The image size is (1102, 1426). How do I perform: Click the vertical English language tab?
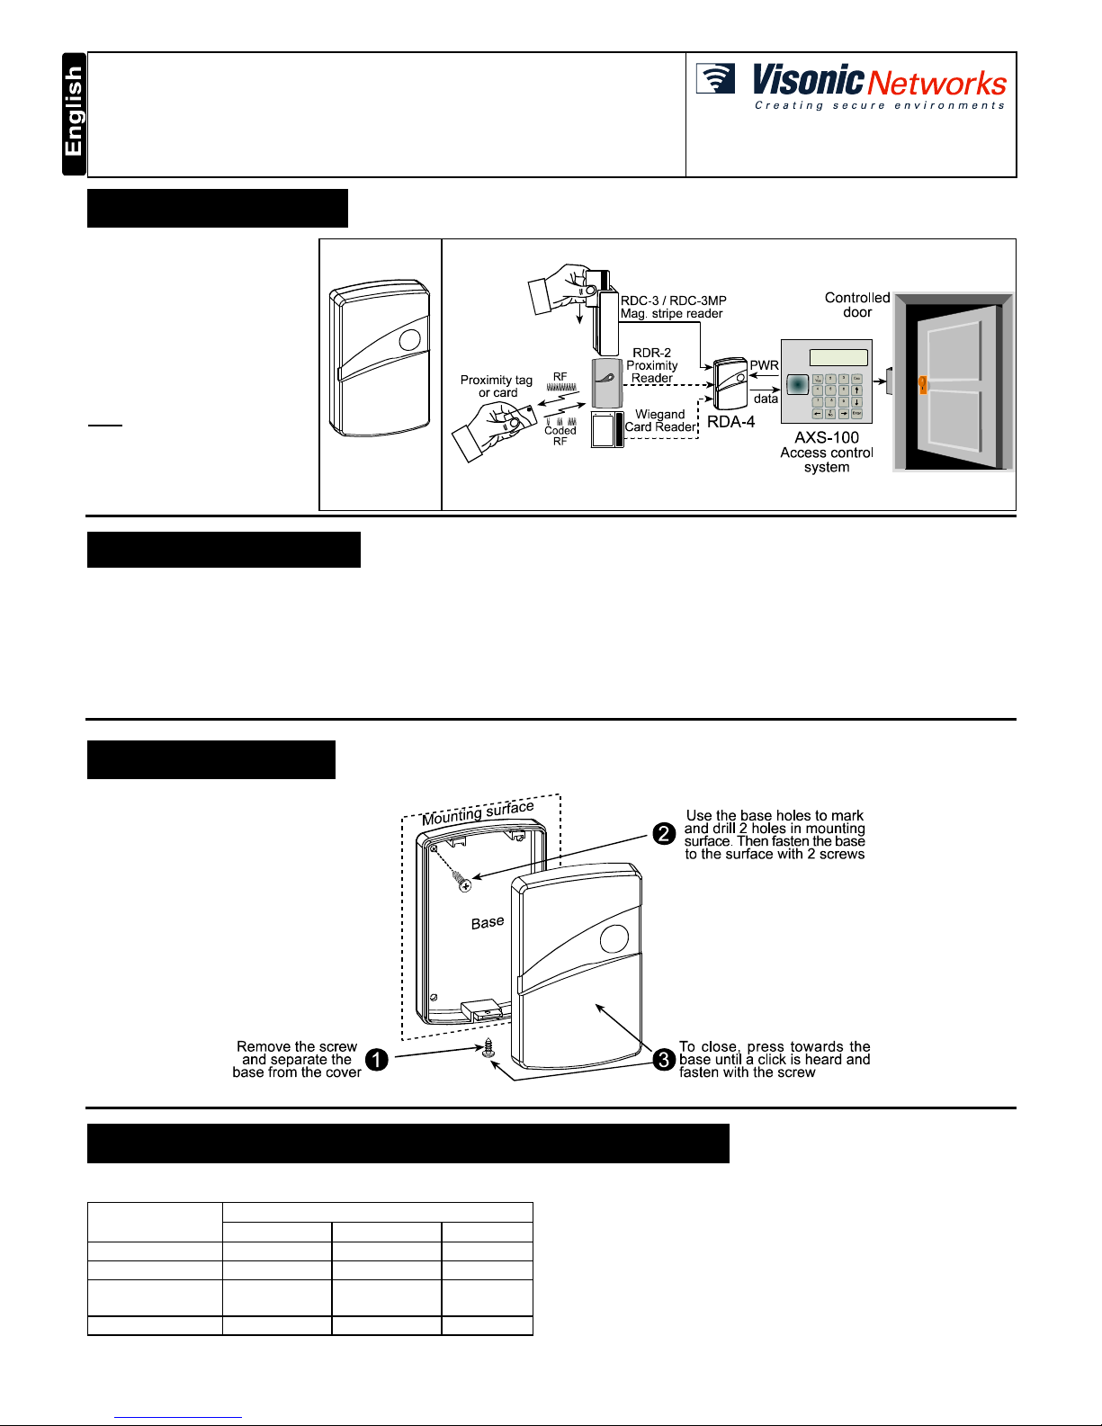73,114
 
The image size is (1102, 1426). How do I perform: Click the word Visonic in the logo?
808,80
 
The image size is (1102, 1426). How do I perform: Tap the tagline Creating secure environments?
879,106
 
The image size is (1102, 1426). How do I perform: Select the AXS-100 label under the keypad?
827,437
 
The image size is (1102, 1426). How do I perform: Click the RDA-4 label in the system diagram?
730,422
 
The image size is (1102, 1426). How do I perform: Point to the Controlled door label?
857,305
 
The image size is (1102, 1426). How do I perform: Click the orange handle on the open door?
922,385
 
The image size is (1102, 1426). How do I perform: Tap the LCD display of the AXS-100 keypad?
838,357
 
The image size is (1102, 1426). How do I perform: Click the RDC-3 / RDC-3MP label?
673,300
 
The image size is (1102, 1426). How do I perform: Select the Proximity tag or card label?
497,386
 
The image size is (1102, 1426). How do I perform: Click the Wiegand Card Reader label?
660,421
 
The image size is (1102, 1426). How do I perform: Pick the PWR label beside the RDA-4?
764,365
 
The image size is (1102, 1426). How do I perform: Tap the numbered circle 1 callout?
377,1060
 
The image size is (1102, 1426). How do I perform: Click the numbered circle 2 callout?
664,834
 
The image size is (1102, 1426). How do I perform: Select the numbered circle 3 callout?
664,1060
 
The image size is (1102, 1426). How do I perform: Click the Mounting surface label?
478,812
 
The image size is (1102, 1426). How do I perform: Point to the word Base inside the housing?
488,923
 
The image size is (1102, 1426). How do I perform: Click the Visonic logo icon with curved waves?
716,79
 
